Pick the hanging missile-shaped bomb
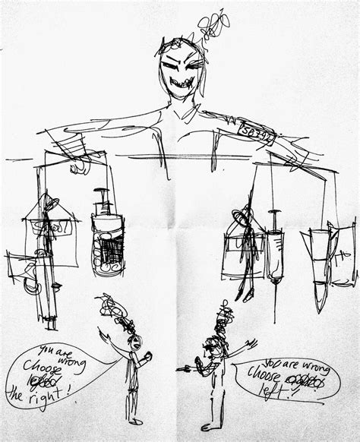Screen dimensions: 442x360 [323, 262]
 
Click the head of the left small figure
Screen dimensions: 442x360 [134, 343]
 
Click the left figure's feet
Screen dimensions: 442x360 [134, 420]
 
